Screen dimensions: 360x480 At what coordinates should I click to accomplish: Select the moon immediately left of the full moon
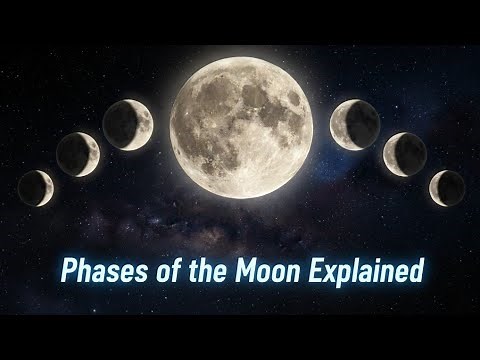point(128,125)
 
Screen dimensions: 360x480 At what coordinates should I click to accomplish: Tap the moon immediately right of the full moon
point(355,125)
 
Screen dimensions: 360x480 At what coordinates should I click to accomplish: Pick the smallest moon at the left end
point(36,188)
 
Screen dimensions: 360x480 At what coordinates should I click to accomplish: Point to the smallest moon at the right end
point(447,187)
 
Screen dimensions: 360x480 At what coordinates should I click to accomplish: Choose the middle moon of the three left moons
point(78,154)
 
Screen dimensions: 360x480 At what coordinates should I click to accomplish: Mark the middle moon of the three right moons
point(406,154)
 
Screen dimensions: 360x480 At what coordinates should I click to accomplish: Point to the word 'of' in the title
point(160,271)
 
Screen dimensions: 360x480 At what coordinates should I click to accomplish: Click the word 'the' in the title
point(202,271)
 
